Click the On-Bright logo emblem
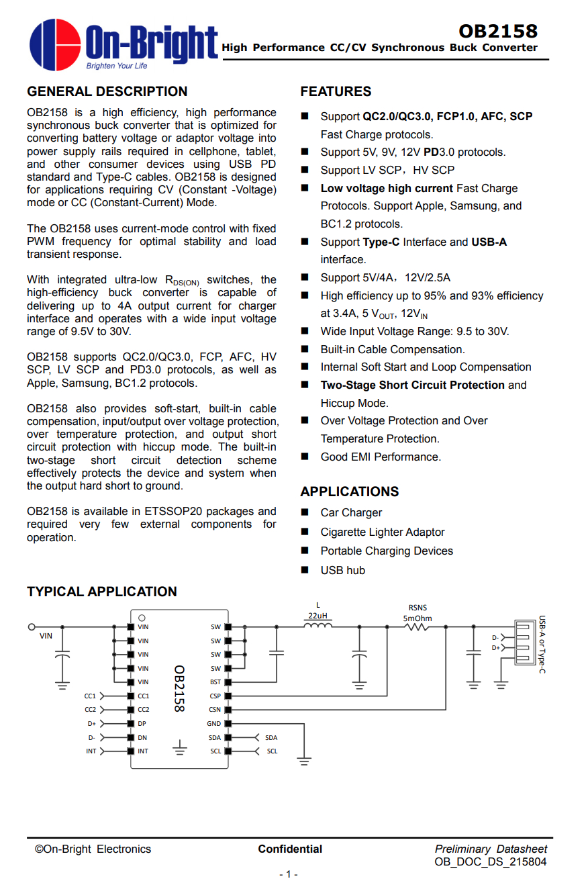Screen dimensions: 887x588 click(x=55, y=44)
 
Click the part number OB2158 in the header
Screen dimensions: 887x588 click(x=498, y=31)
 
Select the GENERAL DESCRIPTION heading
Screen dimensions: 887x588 click(x=107, y=91)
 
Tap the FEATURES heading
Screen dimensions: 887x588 click(x=336, y=91)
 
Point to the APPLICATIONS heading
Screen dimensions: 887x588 click(x=349, y=492)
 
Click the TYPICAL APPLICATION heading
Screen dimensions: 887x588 click(x=102, y=592)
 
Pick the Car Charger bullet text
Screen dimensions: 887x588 click(x=351, y=512)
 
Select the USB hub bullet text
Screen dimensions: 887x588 click(x=342, y=570)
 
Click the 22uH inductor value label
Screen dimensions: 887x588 click(x=317, y=616)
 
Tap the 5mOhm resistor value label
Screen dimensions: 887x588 click(x=417, y=618)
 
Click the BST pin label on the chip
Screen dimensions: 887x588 click(x=215, y=682)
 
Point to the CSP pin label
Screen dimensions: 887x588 click(x=215, y=696)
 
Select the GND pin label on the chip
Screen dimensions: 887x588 click(x=214, y=724)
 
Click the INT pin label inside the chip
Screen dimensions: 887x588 click(x=143, y=751)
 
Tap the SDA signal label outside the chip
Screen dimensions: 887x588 click(x=271, y=737)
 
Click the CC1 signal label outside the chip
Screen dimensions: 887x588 click(x=90, y=696)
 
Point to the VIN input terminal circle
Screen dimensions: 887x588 click(x=31, y=626)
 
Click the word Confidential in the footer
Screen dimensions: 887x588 click(x=290, y=849)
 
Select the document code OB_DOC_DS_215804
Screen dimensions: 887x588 click(x=490, y=862)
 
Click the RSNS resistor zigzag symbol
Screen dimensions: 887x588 click(x=417, y=627)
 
